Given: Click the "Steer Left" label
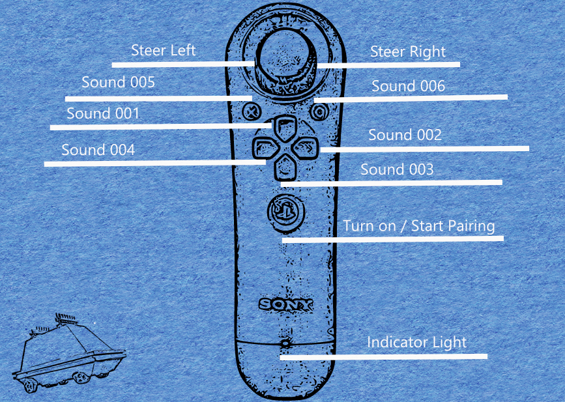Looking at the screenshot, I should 163,50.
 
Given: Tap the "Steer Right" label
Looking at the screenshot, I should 408,51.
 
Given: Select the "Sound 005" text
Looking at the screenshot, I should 118,83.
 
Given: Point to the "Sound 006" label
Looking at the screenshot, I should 408,86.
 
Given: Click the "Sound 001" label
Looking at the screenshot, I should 103,113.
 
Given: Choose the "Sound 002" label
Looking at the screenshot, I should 405,135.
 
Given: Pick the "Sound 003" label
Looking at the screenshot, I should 397,169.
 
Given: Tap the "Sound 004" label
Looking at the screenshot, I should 98,150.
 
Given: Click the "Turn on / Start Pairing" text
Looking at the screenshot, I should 419,226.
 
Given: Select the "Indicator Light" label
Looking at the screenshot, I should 416,342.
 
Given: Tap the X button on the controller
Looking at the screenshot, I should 250,111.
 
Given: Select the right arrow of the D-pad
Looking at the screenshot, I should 305,148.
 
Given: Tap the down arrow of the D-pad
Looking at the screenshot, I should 284,168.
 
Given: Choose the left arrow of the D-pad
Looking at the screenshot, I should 263,148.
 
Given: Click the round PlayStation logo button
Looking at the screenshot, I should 284,210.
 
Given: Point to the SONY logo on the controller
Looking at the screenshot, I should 285,304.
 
